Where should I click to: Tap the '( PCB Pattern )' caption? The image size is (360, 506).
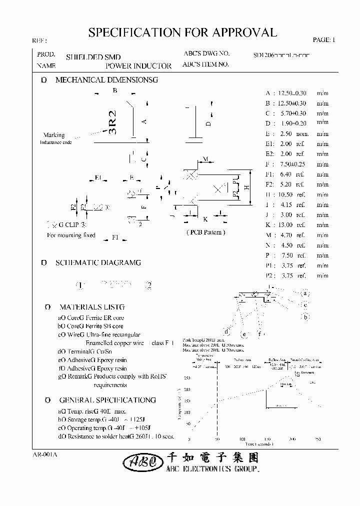[205, 232]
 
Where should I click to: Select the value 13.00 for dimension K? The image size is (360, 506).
[285, 225]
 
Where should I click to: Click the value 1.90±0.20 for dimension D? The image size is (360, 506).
[292, 123]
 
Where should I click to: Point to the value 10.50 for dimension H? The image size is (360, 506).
[285, 194]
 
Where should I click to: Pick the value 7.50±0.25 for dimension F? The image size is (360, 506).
[292, 164]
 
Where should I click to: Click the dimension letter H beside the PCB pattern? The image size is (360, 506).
[247, 187]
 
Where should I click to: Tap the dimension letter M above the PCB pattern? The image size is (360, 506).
[205, 159]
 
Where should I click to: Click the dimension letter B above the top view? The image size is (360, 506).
[114, 90]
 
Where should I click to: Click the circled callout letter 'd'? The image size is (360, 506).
[227, 331]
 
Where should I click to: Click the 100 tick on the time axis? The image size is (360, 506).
[243, 439]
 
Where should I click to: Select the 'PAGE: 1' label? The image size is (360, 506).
[324, 40]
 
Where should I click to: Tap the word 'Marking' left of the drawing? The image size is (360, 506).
[54, 135]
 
